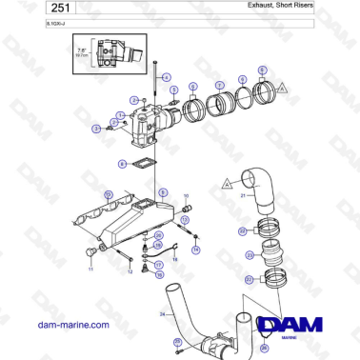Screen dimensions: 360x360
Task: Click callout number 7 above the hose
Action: (x=220, y=85)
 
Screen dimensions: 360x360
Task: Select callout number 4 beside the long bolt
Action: (x=166, y=76)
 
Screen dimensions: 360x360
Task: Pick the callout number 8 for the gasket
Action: (x=122, y=164)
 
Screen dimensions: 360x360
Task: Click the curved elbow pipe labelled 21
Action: (x=257, y=186)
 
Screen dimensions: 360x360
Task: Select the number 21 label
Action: (x=243, y=198)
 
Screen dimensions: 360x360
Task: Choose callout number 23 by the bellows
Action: (x=250, y=255)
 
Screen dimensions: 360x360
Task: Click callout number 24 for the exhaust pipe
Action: (x=163, y=313)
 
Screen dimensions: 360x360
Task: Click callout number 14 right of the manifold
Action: (x=195, y=250)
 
